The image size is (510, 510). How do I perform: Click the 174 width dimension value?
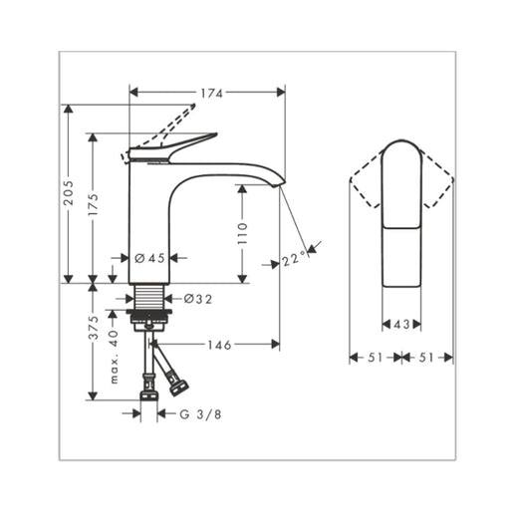[x=211, y=94]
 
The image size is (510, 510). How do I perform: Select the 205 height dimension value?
[x=69, y=192]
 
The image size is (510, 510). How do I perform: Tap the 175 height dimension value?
[x=94, y=204]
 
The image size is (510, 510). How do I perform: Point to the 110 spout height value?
[x=243, y=233]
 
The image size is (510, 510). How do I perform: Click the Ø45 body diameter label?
[x=149, y=258]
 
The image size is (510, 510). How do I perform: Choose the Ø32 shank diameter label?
[x=198, y=299]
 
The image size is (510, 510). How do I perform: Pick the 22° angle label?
[x=294, y=259]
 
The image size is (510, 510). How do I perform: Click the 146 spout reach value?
[x=219, y=345]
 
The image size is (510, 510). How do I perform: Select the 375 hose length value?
[x=94, y=328]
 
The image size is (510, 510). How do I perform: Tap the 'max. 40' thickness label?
[x=114, y=357]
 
